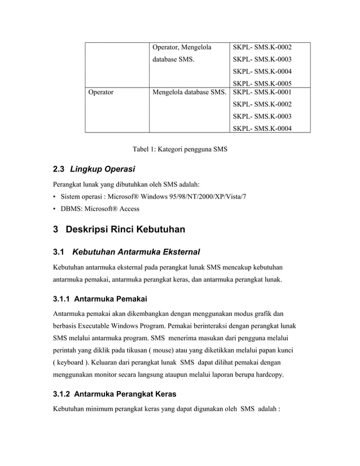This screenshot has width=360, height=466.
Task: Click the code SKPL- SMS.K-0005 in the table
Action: pos(262,82)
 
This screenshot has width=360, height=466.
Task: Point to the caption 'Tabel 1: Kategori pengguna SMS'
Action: pos(179,150)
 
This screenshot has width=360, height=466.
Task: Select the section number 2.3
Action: pos(59,169)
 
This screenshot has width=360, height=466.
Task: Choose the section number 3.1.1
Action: pos(62,298)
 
